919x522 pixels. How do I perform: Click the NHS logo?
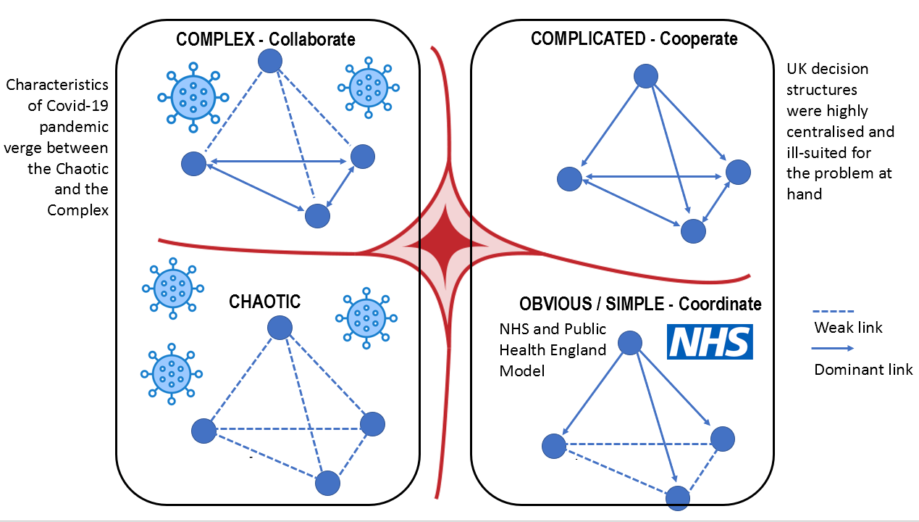(x=710, y=341)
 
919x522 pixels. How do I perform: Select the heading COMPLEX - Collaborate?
(x=266, y=38)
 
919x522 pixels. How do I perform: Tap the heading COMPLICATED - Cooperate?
(x=634, y=38)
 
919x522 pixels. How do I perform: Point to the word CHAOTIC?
(x=264, y=301)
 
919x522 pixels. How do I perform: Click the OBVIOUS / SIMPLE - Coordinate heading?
(x=640, y=303)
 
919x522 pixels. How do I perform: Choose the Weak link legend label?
(x=848, y=328)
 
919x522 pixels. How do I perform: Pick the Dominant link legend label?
(x=863, y=370)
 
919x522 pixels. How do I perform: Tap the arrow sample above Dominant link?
(x=834, y=349)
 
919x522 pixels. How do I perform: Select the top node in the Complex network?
(x=270, y=61)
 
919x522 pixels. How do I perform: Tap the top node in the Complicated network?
(x=645, y=76)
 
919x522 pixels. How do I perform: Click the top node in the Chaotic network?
(x=280, y=328)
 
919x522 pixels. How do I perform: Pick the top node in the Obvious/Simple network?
(x=631, y=344)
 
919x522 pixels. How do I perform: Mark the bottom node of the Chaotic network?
(x=327, y=483)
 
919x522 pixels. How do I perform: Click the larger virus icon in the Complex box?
(x=193, y=96)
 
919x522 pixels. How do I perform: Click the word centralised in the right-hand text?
(x=840, y=132)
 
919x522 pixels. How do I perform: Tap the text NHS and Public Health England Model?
(x=553, y=349)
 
